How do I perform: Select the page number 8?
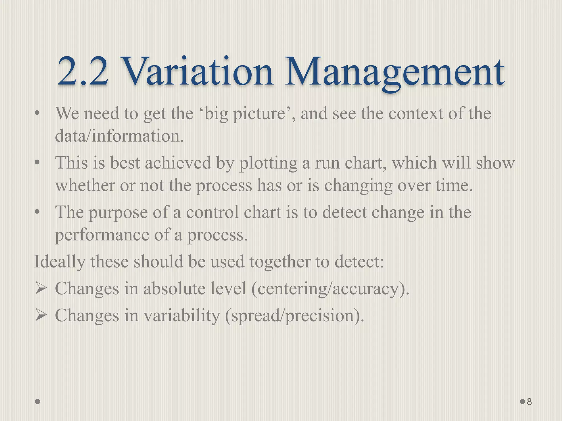click(x=529, y=402)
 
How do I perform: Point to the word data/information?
click(x=119, y=136)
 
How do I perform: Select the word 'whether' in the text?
click(x=85, y=185)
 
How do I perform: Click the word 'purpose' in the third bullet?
click(x=118, y=213)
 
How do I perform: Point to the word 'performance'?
click(x=102, y=235)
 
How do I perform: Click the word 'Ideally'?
click(x=60, y=262)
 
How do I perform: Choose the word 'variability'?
click(x=182, y=315)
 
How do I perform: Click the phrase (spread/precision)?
click(x=294, y=315)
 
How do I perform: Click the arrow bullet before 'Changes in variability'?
click(x=40, y=315)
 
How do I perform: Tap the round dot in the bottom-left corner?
click(x=38, y=402)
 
